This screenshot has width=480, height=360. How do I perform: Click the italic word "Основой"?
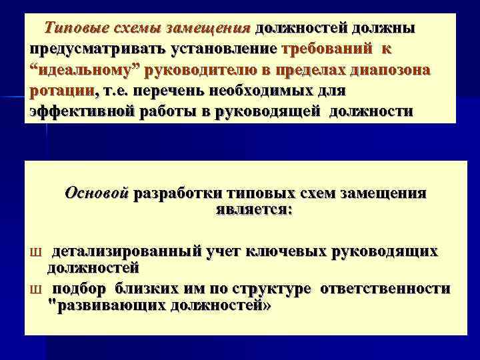[x=97, y=195]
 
